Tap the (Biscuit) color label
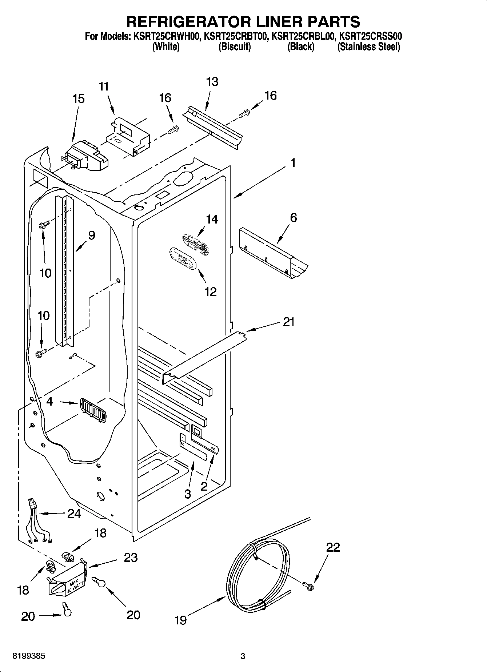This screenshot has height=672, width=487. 234,47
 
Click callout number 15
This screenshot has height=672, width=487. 79,99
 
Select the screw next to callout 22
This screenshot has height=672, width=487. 308,585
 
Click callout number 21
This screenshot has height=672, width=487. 288,322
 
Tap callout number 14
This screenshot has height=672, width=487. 212,219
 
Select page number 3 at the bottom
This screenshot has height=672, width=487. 243,656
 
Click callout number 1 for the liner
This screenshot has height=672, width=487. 293,163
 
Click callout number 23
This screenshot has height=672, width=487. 131,558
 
